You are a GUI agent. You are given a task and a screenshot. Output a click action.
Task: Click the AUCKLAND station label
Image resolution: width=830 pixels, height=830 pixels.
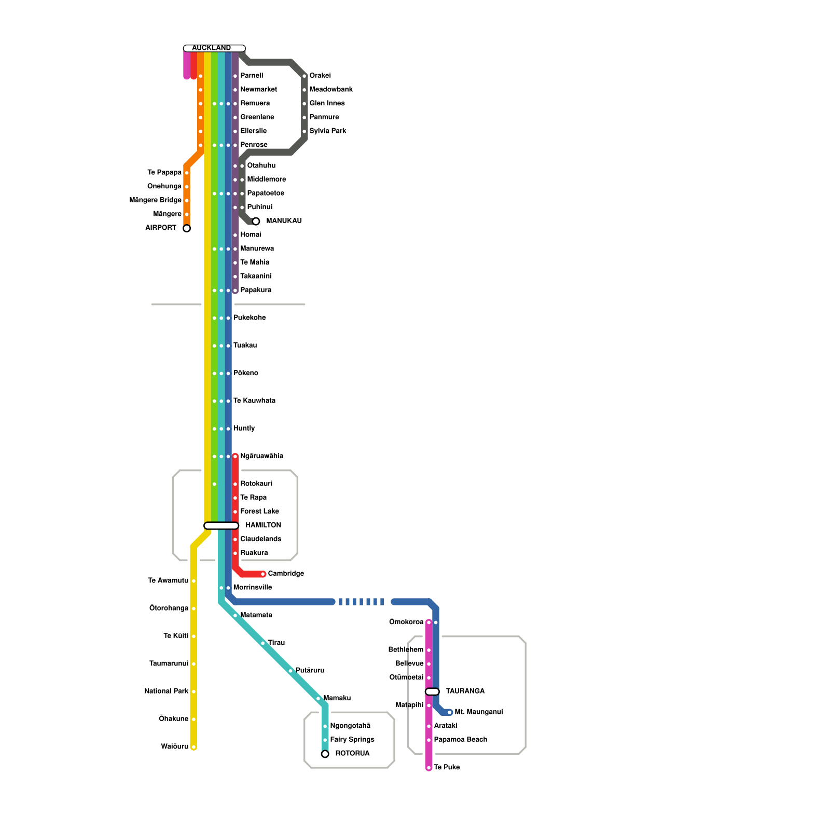211,48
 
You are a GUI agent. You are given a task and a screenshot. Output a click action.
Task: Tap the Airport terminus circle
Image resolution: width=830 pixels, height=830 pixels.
187,228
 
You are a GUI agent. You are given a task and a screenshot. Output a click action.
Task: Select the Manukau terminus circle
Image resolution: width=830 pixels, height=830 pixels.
256,222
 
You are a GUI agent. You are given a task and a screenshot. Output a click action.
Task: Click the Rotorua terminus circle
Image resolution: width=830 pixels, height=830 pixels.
325,754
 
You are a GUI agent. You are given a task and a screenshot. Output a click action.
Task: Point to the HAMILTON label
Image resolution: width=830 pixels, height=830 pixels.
263,525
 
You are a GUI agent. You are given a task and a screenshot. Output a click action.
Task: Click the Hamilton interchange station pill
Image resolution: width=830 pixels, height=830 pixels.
222,526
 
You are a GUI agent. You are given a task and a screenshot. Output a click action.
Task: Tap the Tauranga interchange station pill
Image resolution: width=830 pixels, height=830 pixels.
432,691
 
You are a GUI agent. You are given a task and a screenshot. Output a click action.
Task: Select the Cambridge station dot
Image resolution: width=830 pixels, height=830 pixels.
263,574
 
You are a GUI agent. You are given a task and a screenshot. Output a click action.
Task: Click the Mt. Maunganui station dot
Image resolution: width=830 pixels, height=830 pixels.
450,712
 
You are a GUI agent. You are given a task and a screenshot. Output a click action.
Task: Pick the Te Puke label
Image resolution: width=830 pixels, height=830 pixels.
447,767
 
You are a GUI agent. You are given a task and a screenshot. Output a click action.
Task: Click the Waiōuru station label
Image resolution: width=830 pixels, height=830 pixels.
174,746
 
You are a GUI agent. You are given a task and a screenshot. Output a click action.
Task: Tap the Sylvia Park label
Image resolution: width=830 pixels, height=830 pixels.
328,131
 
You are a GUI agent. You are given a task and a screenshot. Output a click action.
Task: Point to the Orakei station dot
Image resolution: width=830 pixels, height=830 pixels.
305,76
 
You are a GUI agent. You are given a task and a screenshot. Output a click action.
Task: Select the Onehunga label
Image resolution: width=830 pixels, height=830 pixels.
164,186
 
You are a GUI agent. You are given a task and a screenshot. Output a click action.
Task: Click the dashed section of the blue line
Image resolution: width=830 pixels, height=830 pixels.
362,602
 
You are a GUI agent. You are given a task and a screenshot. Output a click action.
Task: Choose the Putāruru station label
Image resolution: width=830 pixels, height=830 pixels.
310,670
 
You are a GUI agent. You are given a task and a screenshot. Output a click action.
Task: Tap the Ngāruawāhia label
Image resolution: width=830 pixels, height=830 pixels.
261,456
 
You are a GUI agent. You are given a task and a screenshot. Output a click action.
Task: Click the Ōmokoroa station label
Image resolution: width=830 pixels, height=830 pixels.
406,622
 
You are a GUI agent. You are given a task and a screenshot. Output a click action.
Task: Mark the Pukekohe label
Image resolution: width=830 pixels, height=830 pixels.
250,317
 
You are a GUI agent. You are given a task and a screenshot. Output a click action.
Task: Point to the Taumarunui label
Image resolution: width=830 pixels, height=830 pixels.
169,663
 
